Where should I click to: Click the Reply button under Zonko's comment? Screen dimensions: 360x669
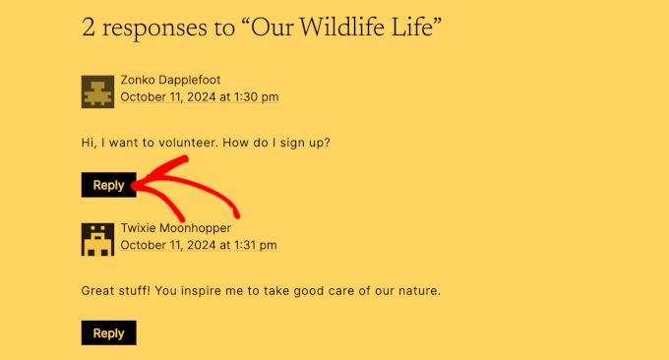pyautogui.click(x=108, y=185)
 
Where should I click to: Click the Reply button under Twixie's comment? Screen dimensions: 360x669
pyautogui.click(x=108, y=333)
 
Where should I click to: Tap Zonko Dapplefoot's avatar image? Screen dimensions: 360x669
pyautogui.click(x=96, y=91)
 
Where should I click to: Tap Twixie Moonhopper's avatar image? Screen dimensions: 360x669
pyautogui.click(x=96, y=239)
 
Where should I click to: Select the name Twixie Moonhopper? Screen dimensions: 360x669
pyautogui.click(x=176, y=228)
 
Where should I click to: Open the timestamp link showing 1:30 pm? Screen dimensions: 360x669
pyautogui.click(x=200, y=96)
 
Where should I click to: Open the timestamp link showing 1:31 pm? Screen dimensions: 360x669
pyautogui.click(x=199, y=245)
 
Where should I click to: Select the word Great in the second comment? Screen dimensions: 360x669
pyautogui.click(x=99, y=291)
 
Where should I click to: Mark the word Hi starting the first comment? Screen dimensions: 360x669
pyautogui.click(x=88, y=144)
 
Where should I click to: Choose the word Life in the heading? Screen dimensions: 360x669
pyautogui.click(x=415, y=28)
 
